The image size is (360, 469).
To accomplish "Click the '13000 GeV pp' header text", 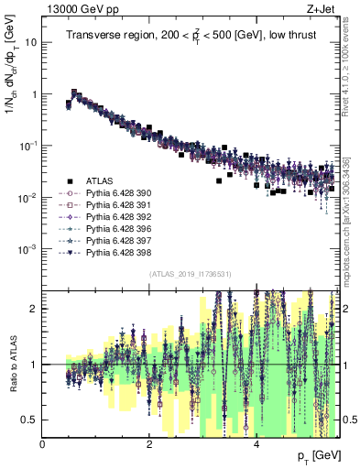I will [x=80, y=10].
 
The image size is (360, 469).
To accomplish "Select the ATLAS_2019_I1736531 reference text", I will [x=191, y=274].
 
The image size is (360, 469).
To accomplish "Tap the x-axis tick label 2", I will [x=149, y=446].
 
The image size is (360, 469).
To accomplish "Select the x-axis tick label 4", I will [x=256, y=446].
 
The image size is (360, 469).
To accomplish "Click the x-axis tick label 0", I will [x=43, y=446].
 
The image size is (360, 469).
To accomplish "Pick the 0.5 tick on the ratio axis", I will [x=30, y=420].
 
